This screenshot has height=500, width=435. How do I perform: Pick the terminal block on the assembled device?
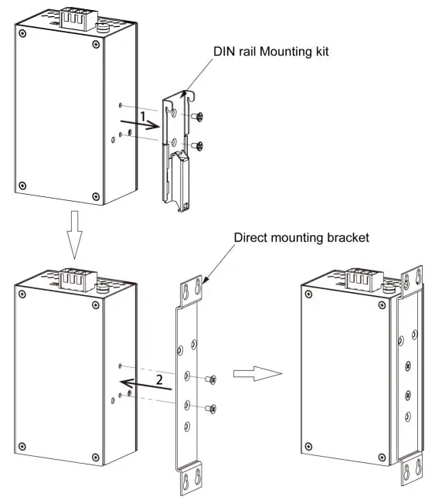tap(360, 278)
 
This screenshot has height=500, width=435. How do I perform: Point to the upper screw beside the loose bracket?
tap(213, 379)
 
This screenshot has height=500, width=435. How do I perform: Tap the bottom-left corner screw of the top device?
tap(22, 185)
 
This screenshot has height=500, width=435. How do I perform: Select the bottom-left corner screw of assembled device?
tap(308, 446)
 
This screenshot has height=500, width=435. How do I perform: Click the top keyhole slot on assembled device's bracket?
tap(409, 283)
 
